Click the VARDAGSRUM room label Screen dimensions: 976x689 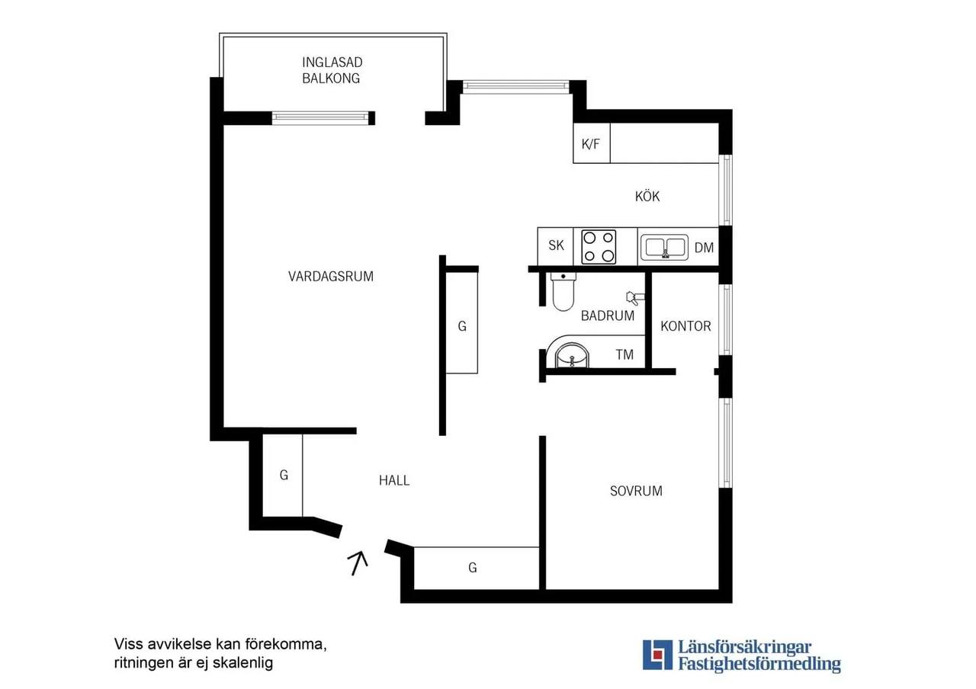[331, 277]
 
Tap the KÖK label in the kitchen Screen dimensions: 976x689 [647, 197]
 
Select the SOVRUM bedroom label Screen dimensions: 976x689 [636, 492]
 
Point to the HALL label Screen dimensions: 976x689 [394, 480]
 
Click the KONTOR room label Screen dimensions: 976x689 [685, 326]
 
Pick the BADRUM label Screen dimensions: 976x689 [608, 316]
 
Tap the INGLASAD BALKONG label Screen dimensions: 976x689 [332, 70]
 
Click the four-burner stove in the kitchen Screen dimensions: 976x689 [599, 247]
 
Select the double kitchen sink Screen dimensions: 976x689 [664, 248]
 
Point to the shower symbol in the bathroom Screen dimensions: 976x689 [634, 298]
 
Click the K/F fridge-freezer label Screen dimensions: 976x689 [591, 144]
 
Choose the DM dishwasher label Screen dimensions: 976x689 [704, 248]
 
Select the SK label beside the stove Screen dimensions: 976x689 [556, 245]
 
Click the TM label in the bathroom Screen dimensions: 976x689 [624, 355]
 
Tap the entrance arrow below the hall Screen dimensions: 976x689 [358, 563]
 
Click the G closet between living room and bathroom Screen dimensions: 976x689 [462, 326]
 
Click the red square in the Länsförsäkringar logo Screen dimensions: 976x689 [657, 655]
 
